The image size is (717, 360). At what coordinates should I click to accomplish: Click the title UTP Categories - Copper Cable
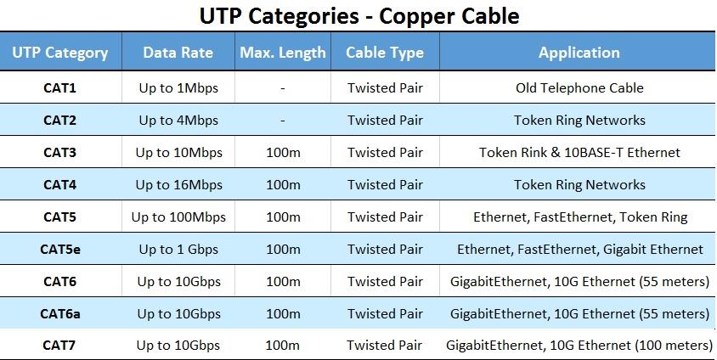coord(359,16)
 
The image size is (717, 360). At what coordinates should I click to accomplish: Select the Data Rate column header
coord(178,53)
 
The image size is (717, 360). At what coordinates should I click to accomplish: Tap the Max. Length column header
coord(283,53)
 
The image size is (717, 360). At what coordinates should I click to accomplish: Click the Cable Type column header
coord(385,53)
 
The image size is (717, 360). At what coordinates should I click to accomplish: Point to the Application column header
coord(579,53)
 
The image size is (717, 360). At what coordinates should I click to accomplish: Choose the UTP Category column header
coord(60,53)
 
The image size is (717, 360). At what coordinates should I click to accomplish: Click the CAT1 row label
coord(59,87)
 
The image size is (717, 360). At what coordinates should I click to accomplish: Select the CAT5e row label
coord(60,250)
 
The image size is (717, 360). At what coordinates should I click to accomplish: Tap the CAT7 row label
coord(59,346)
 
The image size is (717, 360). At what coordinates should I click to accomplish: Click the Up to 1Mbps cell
coord(178,88)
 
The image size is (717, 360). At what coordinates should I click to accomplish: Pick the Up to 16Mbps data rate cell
coord(178,185)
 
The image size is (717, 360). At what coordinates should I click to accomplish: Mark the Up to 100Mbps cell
coord(178,217)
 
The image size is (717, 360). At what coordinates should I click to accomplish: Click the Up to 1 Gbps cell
coord(178,250)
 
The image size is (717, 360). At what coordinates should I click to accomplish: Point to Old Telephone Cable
coord(579,87)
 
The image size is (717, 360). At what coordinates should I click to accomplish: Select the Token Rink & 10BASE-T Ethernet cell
coord(579,153)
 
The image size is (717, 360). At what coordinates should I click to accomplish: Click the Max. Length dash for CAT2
coord(283,121)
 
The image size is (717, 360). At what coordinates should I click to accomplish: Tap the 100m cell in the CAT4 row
coord(283,185)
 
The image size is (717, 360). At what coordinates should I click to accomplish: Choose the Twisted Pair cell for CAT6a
coord(385,314)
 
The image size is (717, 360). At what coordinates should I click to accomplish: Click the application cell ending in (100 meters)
coord(579,346)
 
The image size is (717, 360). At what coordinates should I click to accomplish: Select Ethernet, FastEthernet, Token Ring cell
coord(580,217)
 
